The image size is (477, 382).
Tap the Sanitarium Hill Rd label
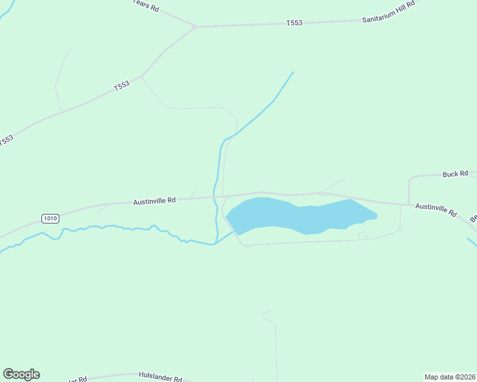(388, 20)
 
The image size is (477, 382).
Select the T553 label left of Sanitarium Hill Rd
(294, 24)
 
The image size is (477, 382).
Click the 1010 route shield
(50, 218)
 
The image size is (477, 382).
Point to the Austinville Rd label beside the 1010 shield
(154, 201)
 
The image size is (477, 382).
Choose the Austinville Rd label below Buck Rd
(436, 208)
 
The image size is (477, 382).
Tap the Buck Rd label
(455, 173)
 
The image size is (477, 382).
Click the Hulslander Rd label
(161, 376)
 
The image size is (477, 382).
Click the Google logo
(21, 374)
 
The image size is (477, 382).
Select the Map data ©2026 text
(450, 376)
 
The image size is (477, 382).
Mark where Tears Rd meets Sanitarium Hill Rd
(196, 27)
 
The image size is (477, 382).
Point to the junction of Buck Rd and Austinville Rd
(409, 204)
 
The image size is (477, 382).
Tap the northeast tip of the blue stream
(293, 72)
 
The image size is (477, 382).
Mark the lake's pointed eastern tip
(377, 215)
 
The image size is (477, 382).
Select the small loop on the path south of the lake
(362, 236)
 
